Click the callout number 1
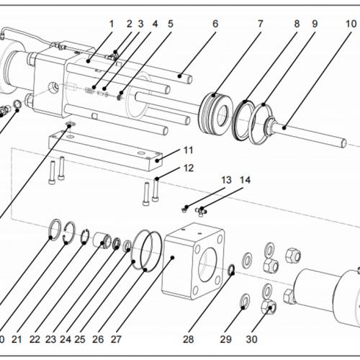[x=112, y=23]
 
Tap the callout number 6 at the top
[x=215, y=23]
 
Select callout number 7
[x=260, y=23]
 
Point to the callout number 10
[x=350, y=23]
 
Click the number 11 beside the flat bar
[x=188, y=150]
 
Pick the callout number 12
[x=188, y=168]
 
